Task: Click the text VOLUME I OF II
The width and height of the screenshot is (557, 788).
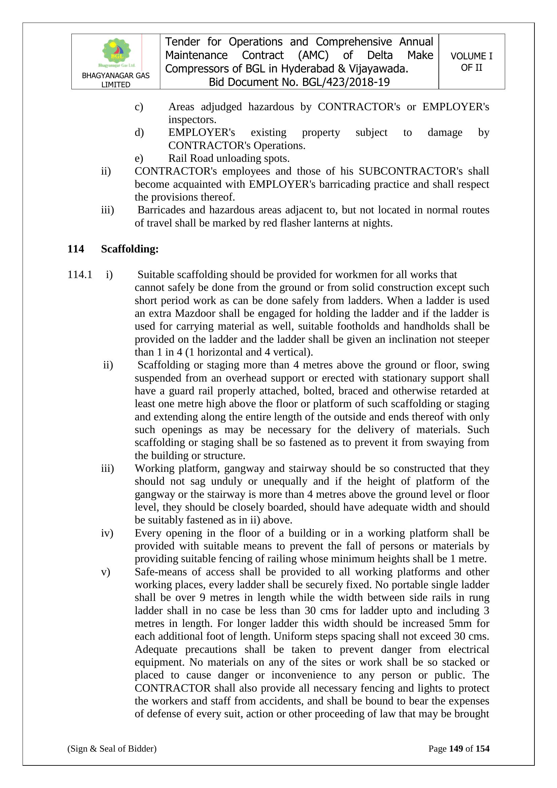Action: (471, 62)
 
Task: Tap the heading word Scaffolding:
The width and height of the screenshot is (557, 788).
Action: (130, 249)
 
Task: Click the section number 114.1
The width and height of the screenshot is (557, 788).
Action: (79, 275)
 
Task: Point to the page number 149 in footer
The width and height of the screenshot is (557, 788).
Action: (456, 749)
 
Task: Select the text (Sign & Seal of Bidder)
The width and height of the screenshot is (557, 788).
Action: (112, 749)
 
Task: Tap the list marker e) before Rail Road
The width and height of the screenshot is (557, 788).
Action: (138, 158)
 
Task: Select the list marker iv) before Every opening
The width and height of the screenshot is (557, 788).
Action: (107, 533)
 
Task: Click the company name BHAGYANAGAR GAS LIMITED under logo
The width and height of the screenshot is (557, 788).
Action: (116, 80)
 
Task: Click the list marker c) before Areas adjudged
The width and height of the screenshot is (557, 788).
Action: (138, 107)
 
